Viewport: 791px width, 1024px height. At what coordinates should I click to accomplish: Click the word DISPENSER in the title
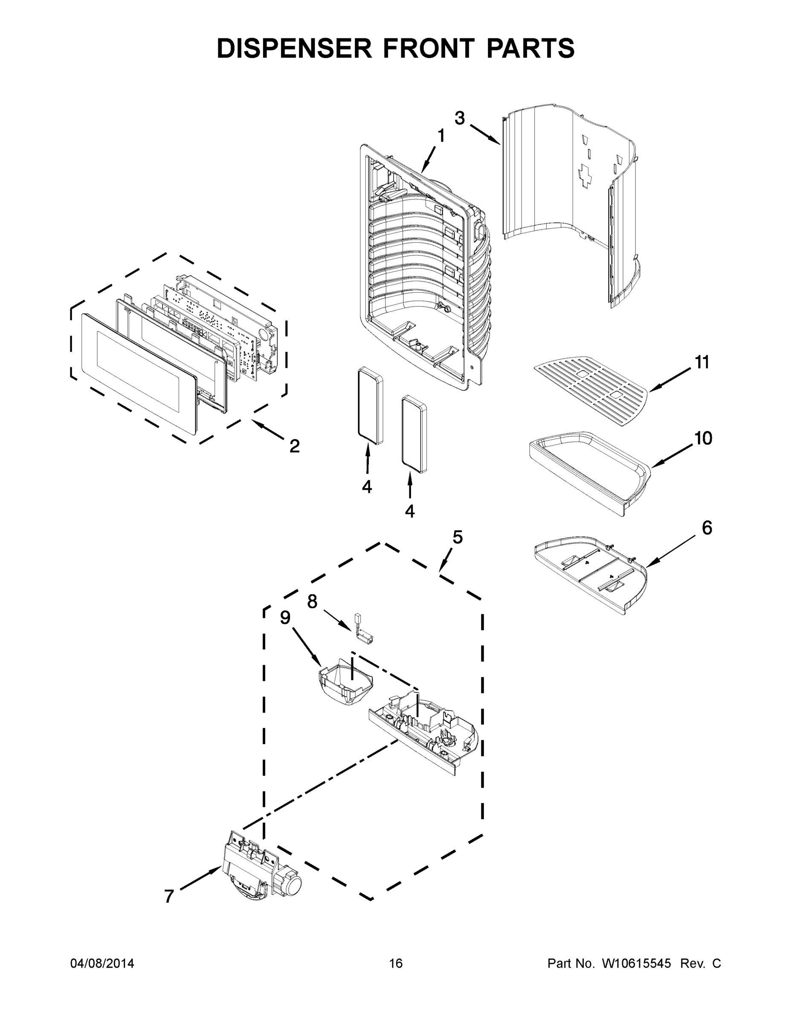pos(294,48)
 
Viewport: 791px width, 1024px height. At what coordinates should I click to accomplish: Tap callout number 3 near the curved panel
pos(459,118)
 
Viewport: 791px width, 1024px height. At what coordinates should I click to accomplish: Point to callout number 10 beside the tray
pos(702,438)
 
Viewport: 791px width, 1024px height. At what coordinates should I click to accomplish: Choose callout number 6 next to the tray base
pos(707,528)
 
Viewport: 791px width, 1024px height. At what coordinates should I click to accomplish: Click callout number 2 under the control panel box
pos(294,446)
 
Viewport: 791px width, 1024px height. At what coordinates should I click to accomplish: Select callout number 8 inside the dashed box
pos(312,602)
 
